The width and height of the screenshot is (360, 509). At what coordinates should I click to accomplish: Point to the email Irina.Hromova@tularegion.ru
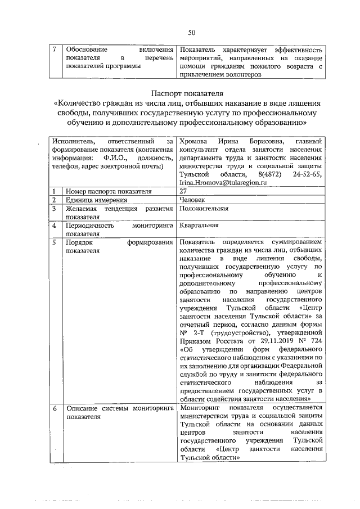pyautogui.click(x=222, y=183)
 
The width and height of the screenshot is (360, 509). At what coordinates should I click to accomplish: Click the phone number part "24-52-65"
pyautogui.click(x=307, y=175)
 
